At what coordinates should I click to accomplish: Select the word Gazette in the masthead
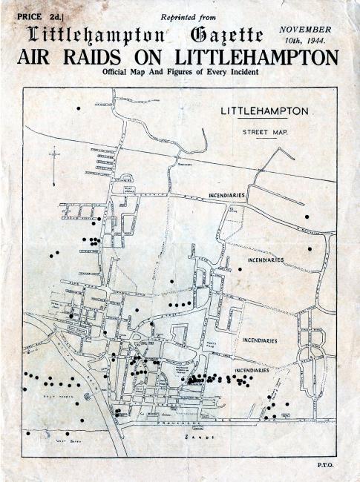(226, 34)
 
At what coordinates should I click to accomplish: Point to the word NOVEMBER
(305, 28)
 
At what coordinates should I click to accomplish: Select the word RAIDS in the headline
(93, 57)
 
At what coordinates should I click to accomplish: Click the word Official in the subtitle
(120, 73)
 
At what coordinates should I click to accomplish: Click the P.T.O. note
(324, 466)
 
